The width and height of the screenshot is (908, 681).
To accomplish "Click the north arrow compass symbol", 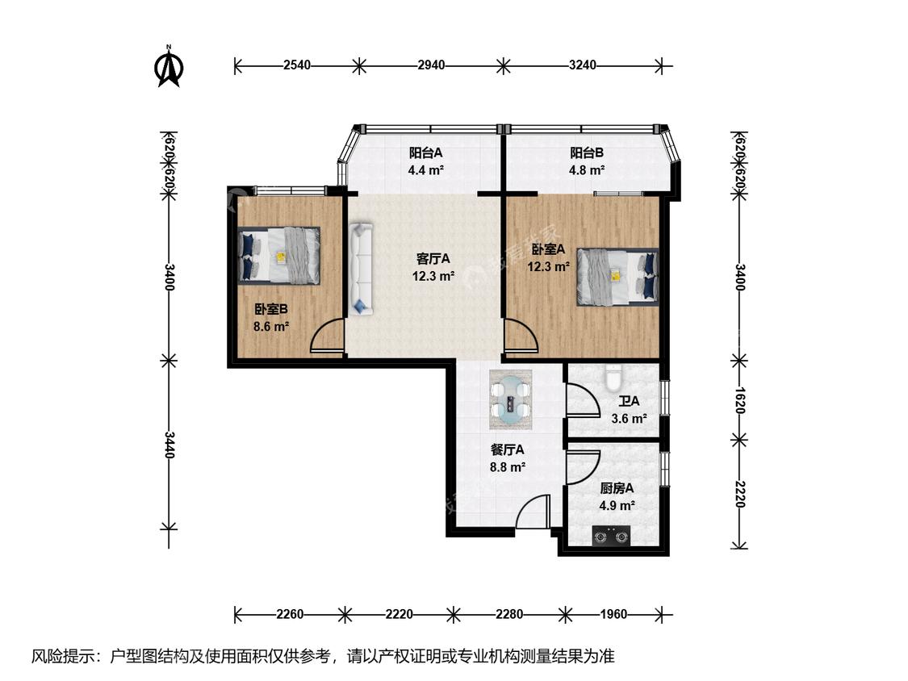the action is click(169, 67).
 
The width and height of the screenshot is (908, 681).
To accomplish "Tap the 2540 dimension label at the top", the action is click(297, 65).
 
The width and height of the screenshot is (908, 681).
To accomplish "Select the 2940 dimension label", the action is click(432, 65).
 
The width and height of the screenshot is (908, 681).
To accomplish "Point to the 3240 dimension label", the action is click(583, 65).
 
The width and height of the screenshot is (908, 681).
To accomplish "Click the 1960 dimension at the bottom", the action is click(613, 614).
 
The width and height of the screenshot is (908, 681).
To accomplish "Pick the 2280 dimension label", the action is click(509, 614).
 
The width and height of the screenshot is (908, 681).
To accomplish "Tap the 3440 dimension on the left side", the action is click(169, 445).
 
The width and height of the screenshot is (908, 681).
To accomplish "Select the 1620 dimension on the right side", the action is click(739, 401).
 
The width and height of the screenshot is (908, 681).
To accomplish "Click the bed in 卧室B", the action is click(279, 255).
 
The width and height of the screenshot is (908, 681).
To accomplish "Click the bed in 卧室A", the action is click(618, 277).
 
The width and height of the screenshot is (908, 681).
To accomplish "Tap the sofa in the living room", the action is click(361, 269).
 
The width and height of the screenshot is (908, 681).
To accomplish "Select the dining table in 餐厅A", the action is click(510, 399).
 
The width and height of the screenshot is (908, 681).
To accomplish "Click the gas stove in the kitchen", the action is click(612, 537).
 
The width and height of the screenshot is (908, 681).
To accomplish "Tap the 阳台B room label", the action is click(587, 152).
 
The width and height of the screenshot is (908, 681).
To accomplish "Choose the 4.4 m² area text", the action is click(425, 170).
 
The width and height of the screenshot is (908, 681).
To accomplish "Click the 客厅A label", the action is click(433, 259).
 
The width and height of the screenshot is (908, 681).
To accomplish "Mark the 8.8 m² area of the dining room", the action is click(508, 466).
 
